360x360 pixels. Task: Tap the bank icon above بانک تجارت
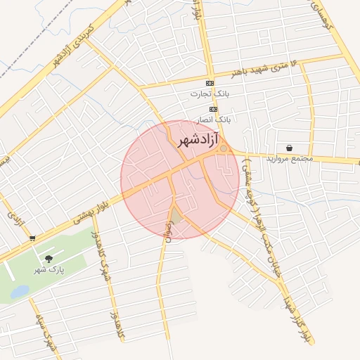point(210,83)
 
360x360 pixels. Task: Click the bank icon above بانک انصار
point(214,110)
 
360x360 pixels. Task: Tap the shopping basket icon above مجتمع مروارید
point(290,148)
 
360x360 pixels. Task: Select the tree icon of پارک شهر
point(49,259)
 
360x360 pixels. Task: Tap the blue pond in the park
point(19,291)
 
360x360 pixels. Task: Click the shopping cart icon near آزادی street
point(32,238)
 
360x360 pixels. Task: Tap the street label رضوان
point(168,229)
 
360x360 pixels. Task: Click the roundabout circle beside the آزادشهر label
point(224,148)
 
